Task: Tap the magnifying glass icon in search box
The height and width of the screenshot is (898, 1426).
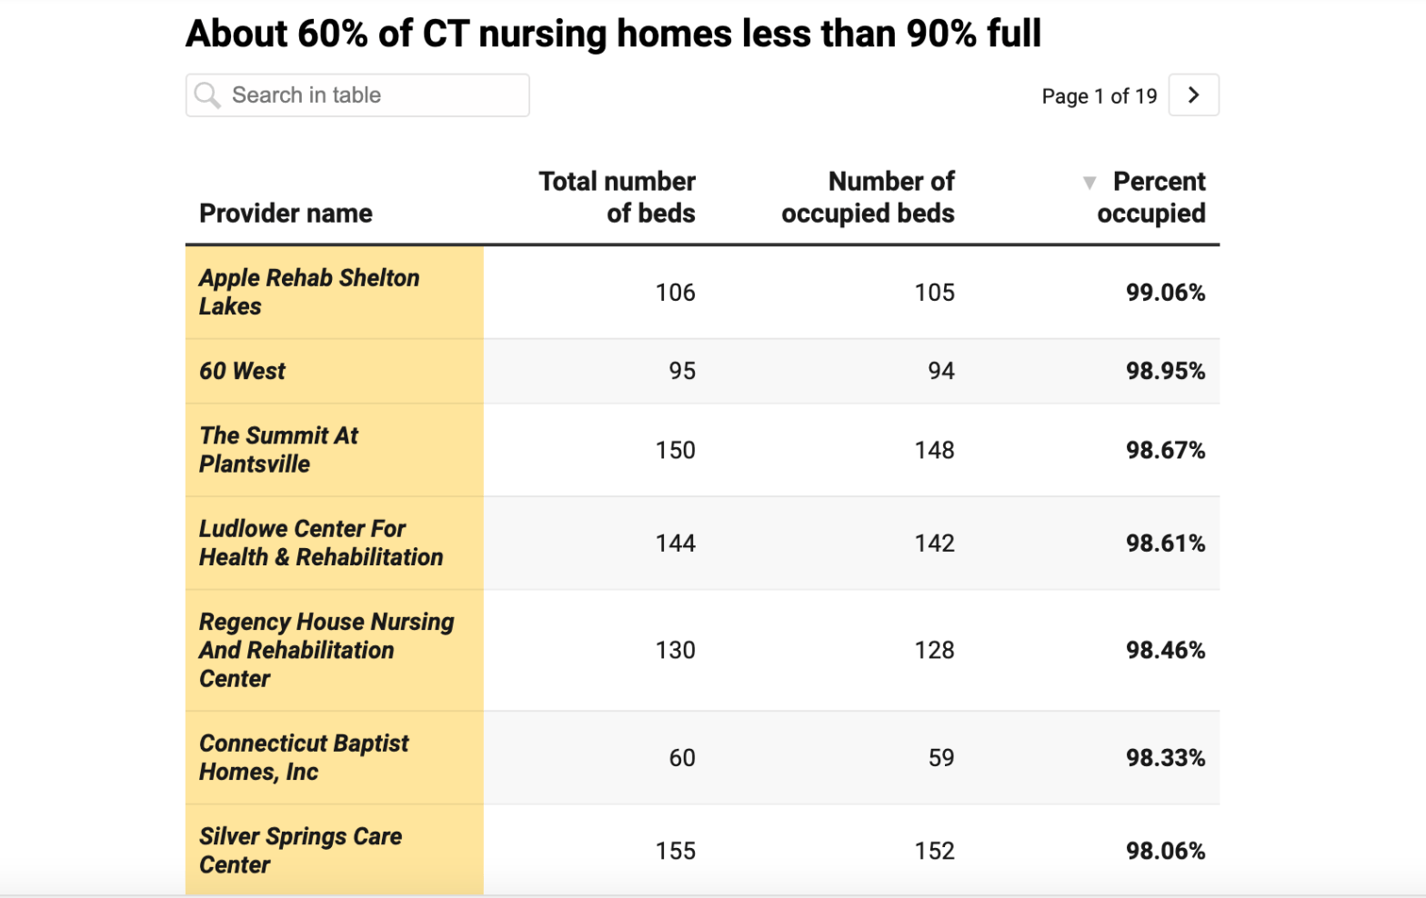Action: pos(207,95)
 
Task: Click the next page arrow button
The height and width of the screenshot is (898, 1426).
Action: pos(1193,95)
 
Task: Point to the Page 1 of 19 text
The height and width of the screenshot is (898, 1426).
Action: pos(1099,96)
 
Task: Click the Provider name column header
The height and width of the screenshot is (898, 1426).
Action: pos(286,214)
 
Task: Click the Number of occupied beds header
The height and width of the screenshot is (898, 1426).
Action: pos(869,197)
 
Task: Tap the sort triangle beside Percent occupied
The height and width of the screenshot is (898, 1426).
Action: pos(1090,183)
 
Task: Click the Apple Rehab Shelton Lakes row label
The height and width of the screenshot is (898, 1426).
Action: pos(309,292)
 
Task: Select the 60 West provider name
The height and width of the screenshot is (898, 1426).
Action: pos(242,371)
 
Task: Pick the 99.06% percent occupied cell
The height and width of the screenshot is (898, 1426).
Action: pos(1165,293)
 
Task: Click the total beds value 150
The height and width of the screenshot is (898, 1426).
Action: pos(675,451)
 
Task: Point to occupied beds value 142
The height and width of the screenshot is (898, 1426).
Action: pos(934,544)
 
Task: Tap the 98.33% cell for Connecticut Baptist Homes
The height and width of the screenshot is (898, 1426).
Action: pos(1165,758)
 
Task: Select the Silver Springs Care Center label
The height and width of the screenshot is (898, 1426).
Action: pos(300,850)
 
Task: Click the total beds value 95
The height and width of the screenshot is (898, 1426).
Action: pos(682,371)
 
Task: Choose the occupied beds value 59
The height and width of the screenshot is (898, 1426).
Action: pos(941,758)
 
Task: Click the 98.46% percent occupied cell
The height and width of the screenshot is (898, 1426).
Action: pos(1165,651)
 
